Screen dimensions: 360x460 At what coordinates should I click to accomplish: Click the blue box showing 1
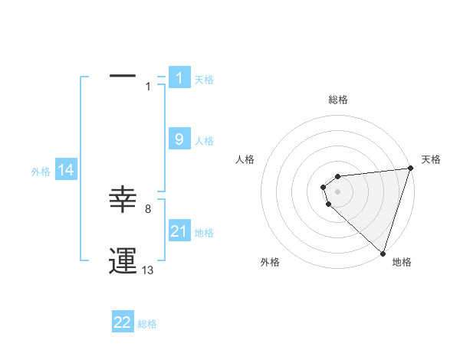click(179, 77)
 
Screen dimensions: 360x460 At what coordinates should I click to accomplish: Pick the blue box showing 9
click(179, 139)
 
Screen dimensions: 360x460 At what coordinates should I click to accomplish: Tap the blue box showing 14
click(66, 170)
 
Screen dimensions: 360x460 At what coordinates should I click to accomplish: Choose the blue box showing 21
click(179, 231)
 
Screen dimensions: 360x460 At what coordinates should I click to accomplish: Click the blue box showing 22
click(123, 322)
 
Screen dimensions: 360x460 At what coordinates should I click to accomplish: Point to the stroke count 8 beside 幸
click(147, 208)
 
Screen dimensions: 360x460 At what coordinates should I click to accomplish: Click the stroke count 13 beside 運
click(148, 270)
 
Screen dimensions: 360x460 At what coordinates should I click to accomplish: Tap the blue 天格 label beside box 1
click(204, 79)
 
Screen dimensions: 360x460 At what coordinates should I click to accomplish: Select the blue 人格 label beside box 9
click(204, 141)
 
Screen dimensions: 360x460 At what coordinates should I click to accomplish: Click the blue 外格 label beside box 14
click(41, 172)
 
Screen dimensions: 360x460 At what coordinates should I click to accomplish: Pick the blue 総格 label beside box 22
click(147, 324)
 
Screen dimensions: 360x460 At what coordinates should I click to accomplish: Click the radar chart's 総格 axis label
click(338, 100)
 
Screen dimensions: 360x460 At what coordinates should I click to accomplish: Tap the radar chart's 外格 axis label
click(270, 262)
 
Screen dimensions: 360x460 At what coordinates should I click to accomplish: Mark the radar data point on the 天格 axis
click(410, 169)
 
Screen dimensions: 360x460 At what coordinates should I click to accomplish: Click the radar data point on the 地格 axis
click(383, 253)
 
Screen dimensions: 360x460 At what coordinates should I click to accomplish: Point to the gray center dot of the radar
click(337, 191)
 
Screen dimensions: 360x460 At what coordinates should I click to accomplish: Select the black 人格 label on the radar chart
click(245, 159)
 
